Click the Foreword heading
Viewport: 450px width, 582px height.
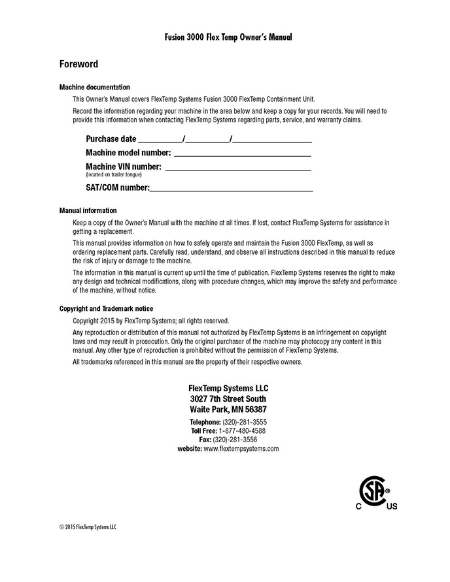[x=78, y=64]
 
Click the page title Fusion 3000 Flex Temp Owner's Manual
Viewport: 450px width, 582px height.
[x=228, y=38]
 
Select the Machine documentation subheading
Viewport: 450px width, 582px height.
[x=94, y=87]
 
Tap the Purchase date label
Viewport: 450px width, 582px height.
[x=111, y=138]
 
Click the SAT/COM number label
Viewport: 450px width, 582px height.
[x=118, y=188]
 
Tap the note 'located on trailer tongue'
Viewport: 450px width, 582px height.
[x=113, y=175]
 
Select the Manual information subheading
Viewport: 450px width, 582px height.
[x=88, y=210]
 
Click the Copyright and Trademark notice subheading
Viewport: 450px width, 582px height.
[x=107, y=308]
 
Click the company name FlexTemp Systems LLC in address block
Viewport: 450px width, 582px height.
[x=228, y=387]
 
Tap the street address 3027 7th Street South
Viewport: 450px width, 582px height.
[x=228, y=398]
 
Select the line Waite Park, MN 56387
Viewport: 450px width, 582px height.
[x=228, y=410]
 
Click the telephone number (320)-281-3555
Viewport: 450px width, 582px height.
[x=245, y=422]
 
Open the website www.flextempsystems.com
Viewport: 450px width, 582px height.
[x=241, y=449]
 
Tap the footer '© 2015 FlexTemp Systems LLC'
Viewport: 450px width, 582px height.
[x=87, y=526]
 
